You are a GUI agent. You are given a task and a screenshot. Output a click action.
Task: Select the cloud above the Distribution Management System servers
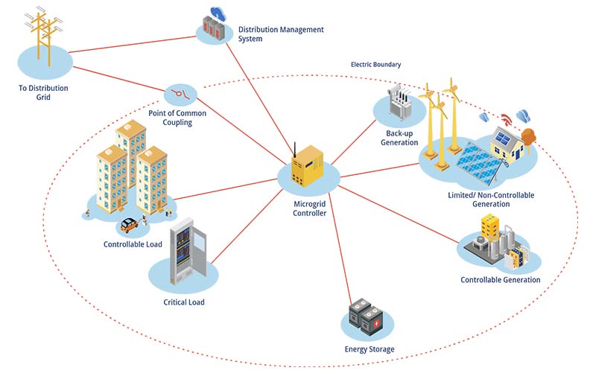(x=218, y=13)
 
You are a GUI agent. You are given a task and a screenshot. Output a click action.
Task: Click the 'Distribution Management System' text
(x=281, y=34)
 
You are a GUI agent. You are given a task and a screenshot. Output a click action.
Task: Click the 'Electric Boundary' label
(x=375, y=65)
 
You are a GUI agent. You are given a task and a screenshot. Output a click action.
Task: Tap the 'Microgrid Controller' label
(x=308, y=208)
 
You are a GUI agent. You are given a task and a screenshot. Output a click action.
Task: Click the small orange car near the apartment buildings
(x=129, y=223)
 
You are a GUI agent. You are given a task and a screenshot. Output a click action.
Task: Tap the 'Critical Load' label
(x=183, y=302)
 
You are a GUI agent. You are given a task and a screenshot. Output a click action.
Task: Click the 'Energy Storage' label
(x=369, y=349)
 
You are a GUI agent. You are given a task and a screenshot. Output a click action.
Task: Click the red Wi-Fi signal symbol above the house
(x=507, y=119)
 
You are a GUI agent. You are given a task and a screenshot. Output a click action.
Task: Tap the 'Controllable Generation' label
(x=500, y=280)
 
